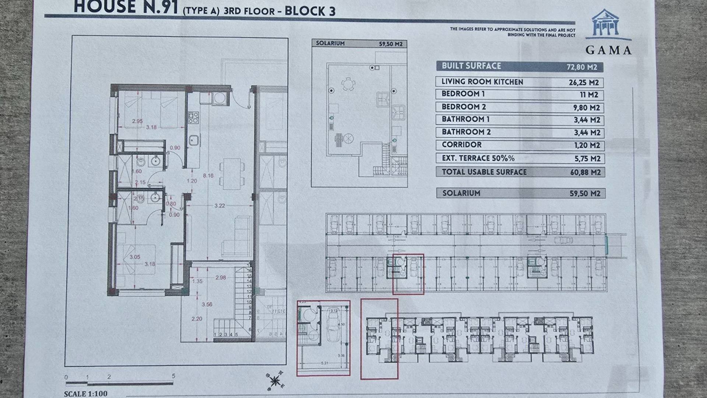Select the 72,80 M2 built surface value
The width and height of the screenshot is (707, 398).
pos(581,67)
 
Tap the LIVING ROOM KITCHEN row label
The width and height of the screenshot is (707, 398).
pos(482,82)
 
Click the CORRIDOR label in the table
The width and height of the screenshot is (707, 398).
pos(461,145)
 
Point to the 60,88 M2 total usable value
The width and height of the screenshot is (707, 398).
pos(585,172)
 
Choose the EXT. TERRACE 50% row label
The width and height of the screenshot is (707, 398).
pos(478,158)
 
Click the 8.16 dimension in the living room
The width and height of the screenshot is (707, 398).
pos(208,176)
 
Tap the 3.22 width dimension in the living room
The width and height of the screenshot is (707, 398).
pos(219,206)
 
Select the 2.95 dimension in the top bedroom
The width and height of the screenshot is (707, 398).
pos(137,121)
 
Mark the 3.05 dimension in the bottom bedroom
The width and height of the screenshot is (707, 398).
pos(135,257)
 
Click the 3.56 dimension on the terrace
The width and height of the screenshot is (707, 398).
pos(207,304)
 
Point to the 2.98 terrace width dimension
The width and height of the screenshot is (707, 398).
pos(221,277)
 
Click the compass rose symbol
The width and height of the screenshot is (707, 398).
pos(274,381)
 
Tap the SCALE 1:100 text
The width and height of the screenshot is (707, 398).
pos(85,394)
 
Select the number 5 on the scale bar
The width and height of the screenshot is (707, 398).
pos(173,376)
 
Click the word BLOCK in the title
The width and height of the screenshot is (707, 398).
pos(302,11)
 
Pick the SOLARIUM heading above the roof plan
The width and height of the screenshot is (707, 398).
pos(330,43)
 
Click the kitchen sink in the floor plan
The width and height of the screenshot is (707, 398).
pos(194,140)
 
